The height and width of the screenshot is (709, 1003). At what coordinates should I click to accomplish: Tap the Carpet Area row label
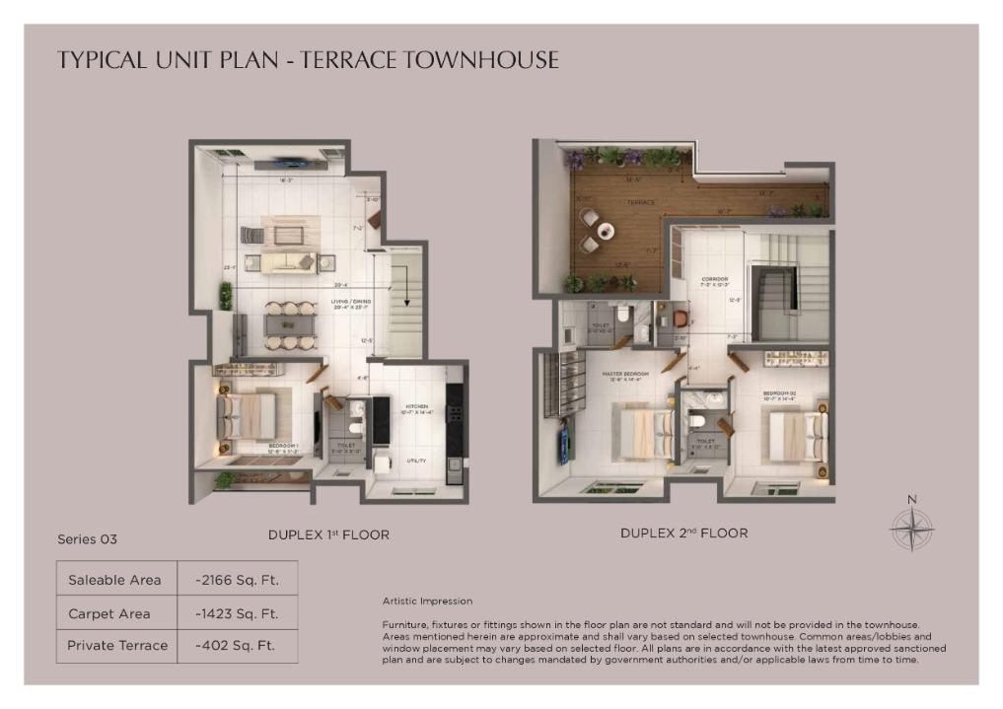coord(109,613)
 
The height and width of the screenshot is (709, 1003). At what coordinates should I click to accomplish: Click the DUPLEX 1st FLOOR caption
coord(328,535)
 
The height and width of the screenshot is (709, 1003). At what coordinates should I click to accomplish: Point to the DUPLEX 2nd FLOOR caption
coord(683,533)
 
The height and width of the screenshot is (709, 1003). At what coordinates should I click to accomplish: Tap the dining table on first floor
coord(290,325)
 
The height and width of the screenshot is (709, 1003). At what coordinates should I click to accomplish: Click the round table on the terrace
coord(604,231)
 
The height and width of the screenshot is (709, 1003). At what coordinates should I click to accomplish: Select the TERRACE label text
coord(641,202)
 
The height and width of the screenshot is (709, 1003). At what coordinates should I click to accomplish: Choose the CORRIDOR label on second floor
coord(714,279)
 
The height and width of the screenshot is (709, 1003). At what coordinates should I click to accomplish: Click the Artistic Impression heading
coord(427,601)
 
